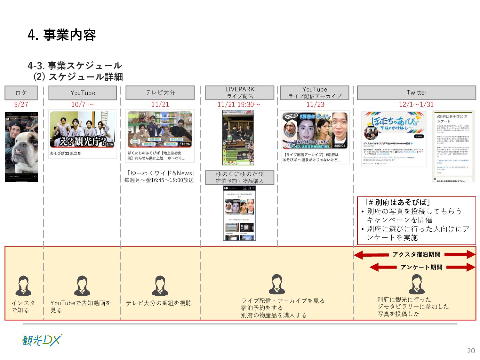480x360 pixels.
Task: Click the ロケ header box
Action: click(21, 93)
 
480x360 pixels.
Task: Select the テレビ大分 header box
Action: click(160, 93)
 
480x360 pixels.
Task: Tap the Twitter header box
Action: click(416, 93)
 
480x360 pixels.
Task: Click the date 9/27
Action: click(21, 104)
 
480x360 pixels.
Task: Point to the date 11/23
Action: click(315, 104)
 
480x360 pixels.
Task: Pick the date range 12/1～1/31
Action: click(416, 104)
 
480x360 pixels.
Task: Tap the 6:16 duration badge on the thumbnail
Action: click(109, 144)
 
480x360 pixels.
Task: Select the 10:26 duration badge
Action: click(186, 144)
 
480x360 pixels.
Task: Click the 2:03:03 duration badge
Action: click(340, 146)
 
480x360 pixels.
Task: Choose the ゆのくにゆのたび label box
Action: click(240, 178)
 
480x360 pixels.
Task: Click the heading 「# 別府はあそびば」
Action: click(397, 202)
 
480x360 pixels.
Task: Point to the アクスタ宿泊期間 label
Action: click(416, 254)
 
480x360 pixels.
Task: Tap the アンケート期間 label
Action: click(421, 267)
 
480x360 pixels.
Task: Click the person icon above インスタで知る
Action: click(23, 286)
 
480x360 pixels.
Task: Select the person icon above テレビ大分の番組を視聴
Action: click(160, 286)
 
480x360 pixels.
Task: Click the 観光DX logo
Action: click(42, 340)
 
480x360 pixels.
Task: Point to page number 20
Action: click(471, 351)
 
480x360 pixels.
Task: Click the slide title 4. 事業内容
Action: click(62, 35)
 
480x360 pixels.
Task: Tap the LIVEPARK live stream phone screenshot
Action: click(238, 138)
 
